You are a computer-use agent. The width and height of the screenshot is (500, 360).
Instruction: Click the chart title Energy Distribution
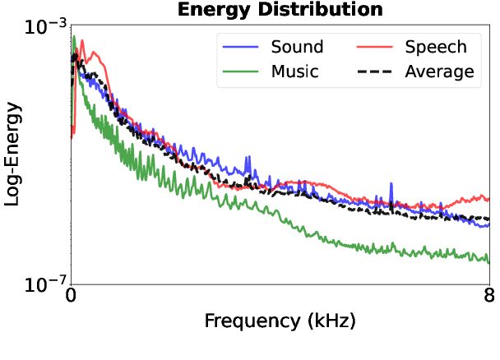(x=280, y=10)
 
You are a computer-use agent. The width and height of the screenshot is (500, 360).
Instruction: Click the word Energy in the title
(x=232, y=10)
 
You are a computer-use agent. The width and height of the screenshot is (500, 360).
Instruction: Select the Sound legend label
(x=297, y=47)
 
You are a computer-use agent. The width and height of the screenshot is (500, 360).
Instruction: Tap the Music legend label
(x=294, y=72)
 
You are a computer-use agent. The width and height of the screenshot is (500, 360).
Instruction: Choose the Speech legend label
(x=436, y=47)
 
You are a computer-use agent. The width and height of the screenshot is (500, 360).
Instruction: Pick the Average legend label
(x=439, y=72)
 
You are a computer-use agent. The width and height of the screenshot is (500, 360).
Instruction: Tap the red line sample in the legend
(x=375, y=47)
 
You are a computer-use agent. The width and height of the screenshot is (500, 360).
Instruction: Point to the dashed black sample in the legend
(x=375, y=72)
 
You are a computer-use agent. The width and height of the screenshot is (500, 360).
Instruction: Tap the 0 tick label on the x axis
(x=72, y=297)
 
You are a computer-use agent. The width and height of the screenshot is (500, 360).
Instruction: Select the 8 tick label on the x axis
(x=489, y=297)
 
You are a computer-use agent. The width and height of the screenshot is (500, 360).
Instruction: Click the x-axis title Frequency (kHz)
(x=280, y=320)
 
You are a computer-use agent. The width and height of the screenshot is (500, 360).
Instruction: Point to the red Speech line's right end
(x=488, y=199)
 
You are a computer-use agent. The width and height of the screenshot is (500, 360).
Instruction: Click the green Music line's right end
(x=488, y=262)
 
